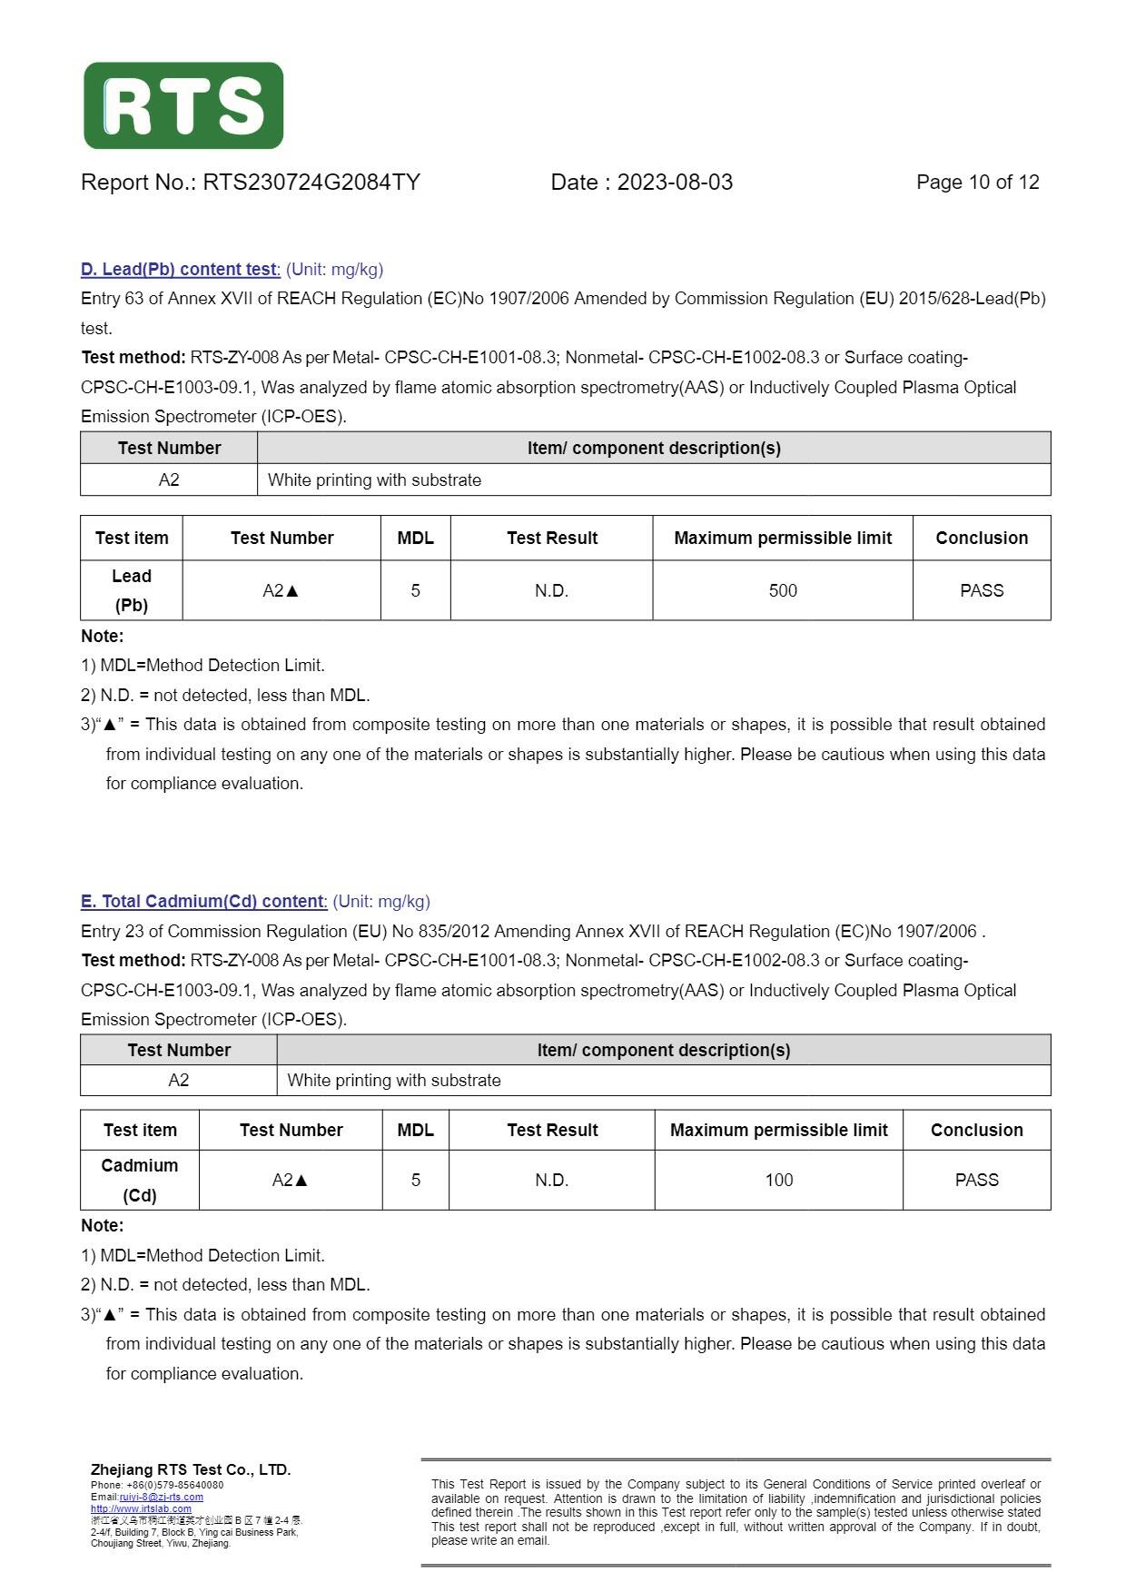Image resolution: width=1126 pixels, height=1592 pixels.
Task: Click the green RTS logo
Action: pyautogui.click(x=183, y=105)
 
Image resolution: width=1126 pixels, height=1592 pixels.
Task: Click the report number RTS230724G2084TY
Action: pyautogui.click(x=311, y=183)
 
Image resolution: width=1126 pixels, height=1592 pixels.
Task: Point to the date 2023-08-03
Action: pyautogui.click(x=675, y=183)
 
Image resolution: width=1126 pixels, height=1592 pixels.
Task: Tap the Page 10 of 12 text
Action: pyautogui.click(x=977, y=183)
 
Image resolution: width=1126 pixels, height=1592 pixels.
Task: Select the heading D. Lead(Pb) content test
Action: pyautogui.click(x=180, y=270)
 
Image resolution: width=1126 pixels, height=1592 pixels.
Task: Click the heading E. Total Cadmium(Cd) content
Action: pyautogui.click(x=203, y=902)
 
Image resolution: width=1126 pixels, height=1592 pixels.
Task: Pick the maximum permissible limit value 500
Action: pyautogui.click(x=782, y=591)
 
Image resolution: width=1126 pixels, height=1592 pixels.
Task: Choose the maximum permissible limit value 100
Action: pyautogui.click(x=778, y=1181)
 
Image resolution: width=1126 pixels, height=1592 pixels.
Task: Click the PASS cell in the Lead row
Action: pyautogui.click(x=981, y=591)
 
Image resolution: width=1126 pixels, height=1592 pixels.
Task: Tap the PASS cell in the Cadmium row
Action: pyautogui.click(x=976, y=1181)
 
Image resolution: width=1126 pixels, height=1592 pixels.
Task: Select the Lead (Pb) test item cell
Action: pyautogui.click(x=132, y=590)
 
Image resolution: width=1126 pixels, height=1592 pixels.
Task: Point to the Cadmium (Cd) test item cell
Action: pyautogui.click(x=140, y=1180)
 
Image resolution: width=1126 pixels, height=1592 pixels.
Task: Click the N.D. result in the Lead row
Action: pyautogui.click(x=551, y=591)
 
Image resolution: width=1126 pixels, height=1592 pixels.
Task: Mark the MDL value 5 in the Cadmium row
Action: pyautogui.click(x=415, y=1181)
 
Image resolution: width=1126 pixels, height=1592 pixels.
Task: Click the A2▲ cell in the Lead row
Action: pyautogui.click(x=281, y=591)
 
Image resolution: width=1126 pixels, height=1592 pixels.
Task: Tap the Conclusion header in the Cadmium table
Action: pyautogui.click(x=976, y=1131)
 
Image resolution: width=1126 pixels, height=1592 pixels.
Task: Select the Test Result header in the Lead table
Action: pyautogui.click(x=551, y=539)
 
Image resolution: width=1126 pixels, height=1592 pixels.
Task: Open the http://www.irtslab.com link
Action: pyautogui.click(x=141, y=1508)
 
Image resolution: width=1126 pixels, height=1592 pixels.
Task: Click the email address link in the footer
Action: pyautogui.click(x=161, y=1497)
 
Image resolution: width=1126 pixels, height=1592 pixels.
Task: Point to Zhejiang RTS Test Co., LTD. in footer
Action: pyautogui.click(x=191, y=1469)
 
